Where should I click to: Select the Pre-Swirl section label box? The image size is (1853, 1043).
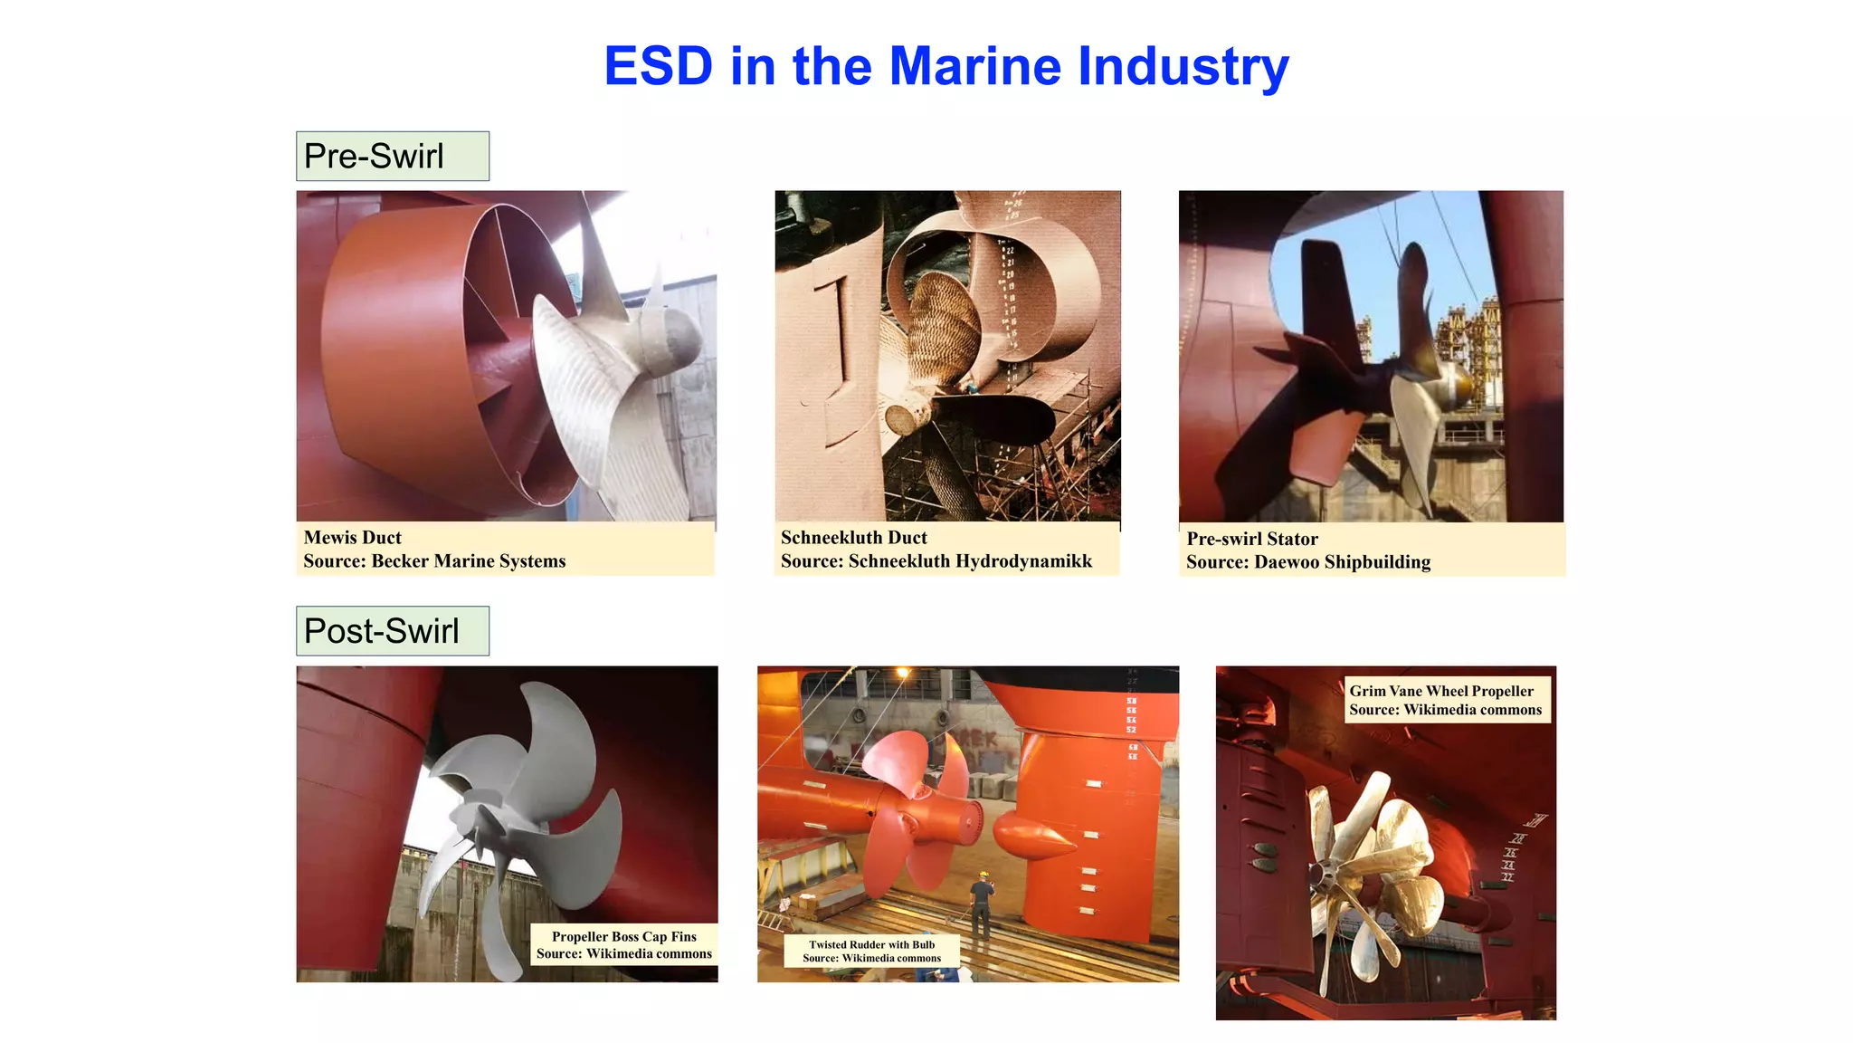coord(392,156)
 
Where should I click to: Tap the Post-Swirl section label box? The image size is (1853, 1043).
coord(392,631)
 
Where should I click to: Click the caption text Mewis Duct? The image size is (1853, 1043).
coord(352,538)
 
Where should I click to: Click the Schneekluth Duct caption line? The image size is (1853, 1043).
coord(853,538)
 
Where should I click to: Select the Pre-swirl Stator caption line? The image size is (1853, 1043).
coord(1251,539)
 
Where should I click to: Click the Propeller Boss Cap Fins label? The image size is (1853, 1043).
coord(623,937)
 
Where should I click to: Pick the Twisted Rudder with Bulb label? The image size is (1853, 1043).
coord(871,944)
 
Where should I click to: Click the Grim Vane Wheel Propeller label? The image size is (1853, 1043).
coord(1440,691)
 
